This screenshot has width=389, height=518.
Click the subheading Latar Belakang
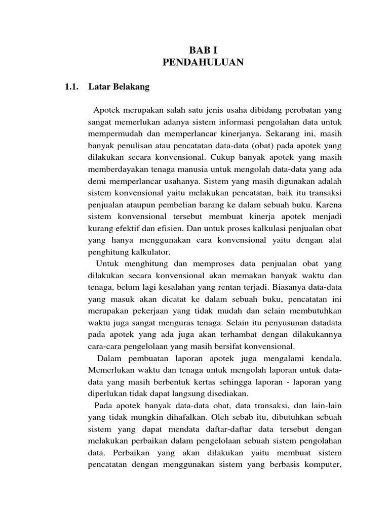[119, 87]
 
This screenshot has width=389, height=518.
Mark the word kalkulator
[151, 251]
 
